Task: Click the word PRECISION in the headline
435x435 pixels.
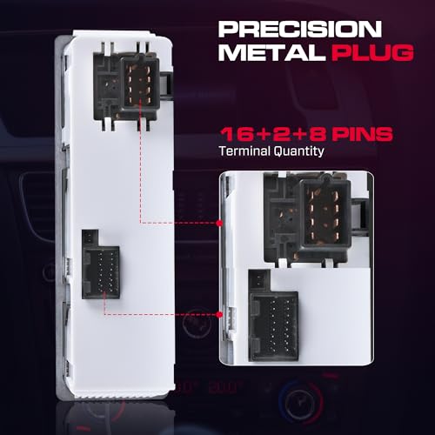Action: [x=299, y=29]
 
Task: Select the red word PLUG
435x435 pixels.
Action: [x=372, y=52]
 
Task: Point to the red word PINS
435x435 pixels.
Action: [x=363, y=134]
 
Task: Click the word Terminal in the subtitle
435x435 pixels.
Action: [x=244, y=151]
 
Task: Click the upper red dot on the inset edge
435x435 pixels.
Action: [x=220, y=223]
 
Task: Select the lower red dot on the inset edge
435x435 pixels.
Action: [x=220, y=314]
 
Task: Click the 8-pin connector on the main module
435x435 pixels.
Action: [x=139, y=84]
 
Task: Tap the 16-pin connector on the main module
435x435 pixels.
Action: [x=101, y=272]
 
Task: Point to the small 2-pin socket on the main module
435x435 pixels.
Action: [x=90, y=238]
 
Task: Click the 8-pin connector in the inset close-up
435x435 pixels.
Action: [x=325, y=217]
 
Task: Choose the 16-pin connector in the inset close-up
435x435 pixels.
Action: [x=273, y=326]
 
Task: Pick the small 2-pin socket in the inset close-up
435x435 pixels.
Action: [x=259, y=280]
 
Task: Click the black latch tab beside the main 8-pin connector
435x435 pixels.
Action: [x=166, y=84]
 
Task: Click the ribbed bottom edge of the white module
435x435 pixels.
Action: [x=122, y=394]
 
